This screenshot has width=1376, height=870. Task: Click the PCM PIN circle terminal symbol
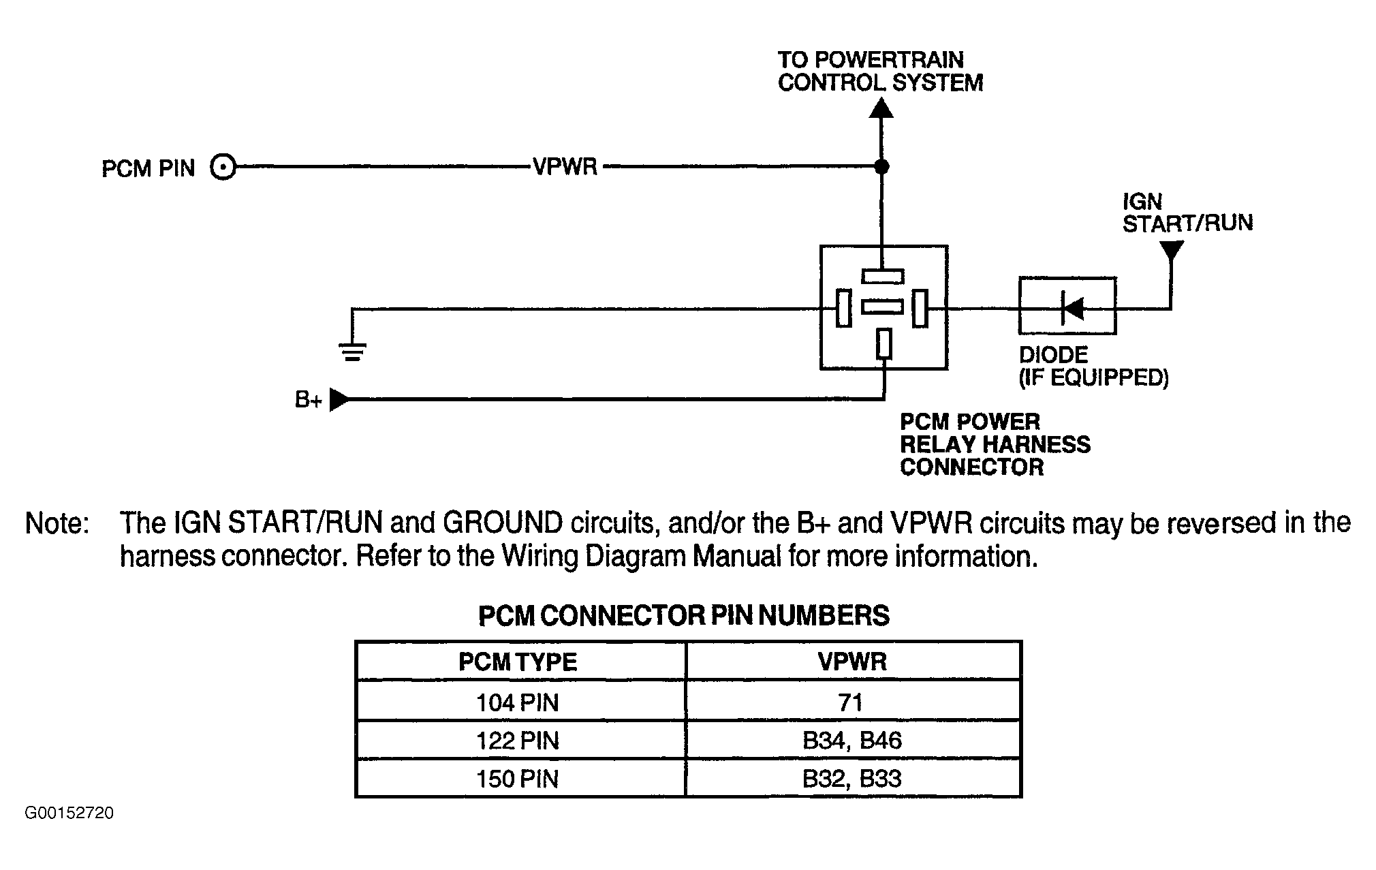pos(223,167)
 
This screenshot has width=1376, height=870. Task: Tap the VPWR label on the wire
pos(565,167)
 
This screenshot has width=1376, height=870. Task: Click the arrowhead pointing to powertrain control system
pos(881,108)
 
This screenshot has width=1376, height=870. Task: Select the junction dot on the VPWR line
pos(881,166)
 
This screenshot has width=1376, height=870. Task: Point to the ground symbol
pos(352,352)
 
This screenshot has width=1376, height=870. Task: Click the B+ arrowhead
pos(339,400)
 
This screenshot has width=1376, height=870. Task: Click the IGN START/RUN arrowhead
pos(1171,250)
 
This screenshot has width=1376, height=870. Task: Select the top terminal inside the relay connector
pos(883,276)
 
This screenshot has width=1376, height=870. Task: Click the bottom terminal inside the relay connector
pos(884,343)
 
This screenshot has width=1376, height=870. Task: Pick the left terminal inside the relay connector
pos(844,308)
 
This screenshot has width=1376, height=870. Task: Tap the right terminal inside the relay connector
pos(920,308)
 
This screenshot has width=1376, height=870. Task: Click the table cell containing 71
pos(853,700)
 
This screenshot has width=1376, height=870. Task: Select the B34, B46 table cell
pos(853,739)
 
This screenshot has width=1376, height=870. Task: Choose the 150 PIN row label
pos(518,778)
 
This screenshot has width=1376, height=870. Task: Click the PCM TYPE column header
pos(518,662)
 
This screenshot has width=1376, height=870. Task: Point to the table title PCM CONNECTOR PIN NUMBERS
pos(684,616)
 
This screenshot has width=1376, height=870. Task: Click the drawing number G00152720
pos(69,813)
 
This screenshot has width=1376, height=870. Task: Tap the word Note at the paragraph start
pos(57,523)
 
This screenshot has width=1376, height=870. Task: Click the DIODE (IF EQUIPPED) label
pos(1094,366)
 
